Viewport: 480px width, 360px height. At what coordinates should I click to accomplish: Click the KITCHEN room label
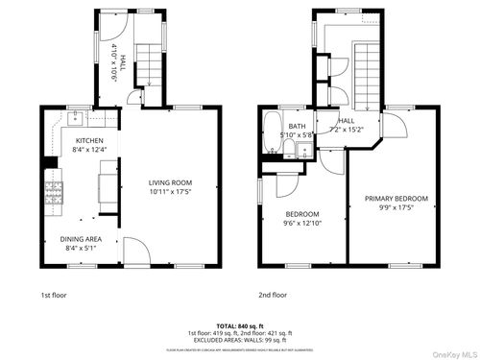click(x=63, y=140)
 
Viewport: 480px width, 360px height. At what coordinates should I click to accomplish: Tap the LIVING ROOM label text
click(x=170, y=183)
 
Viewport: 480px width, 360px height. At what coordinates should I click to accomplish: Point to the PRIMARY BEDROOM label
click(x=396, y=198)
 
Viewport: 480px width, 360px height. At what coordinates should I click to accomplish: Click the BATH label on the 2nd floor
click(x=297, y=126)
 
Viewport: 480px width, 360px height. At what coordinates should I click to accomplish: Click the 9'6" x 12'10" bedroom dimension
click(x=301, y=223)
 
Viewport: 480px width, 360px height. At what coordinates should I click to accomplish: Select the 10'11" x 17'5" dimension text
click(x=170, y=193)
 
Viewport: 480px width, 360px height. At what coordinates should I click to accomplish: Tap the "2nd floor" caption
click(x=272, y=295)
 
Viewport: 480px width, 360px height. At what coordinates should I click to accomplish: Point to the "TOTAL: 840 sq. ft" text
click(x=239, y=325)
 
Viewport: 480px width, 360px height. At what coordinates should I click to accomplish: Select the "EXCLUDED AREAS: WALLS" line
click(x=239, y=339)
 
